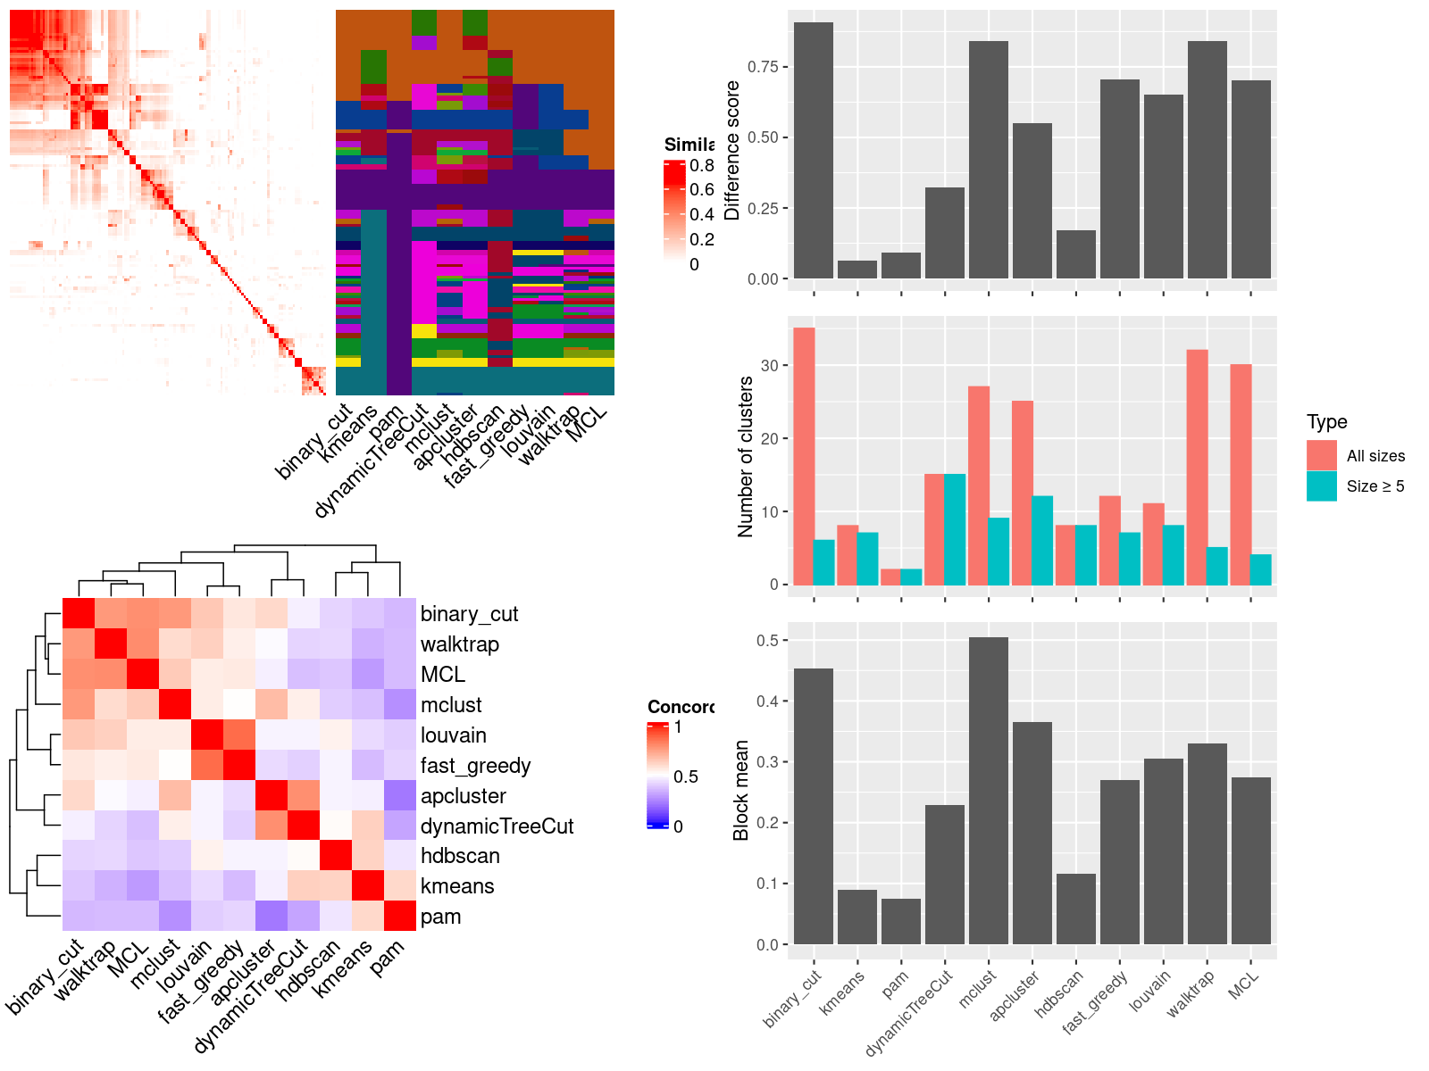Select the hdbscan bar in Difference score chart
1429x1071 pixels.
pos(1075,254)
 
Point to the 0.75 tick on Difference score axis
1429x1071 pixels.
pos(763,67)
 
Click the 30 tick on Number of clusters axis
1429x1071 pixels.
pos(770,365)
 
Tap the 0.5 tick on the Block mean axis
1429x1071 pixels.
pos(766,640)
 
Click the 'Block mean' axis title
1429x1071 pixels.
pos(740,790)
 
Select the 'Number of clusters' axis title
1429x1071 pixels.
pos(745,456)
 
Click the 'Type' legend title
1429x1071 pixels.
pos(1326,422)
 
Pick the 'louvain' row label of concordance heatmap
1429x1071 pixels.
pos(454,735)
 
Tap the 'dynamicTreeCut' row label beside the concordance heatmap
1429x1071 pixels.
pos(497,826)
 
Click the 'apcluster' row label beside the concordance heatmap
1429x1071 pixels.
pos(463,796)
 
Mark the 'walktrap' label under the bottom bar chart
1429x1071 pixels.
pos(1191,993)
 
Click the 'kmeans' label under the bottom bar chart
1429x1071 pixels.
pos(843,992)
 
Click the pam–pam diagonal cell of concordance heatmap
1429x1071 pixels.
pos(400,916)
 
